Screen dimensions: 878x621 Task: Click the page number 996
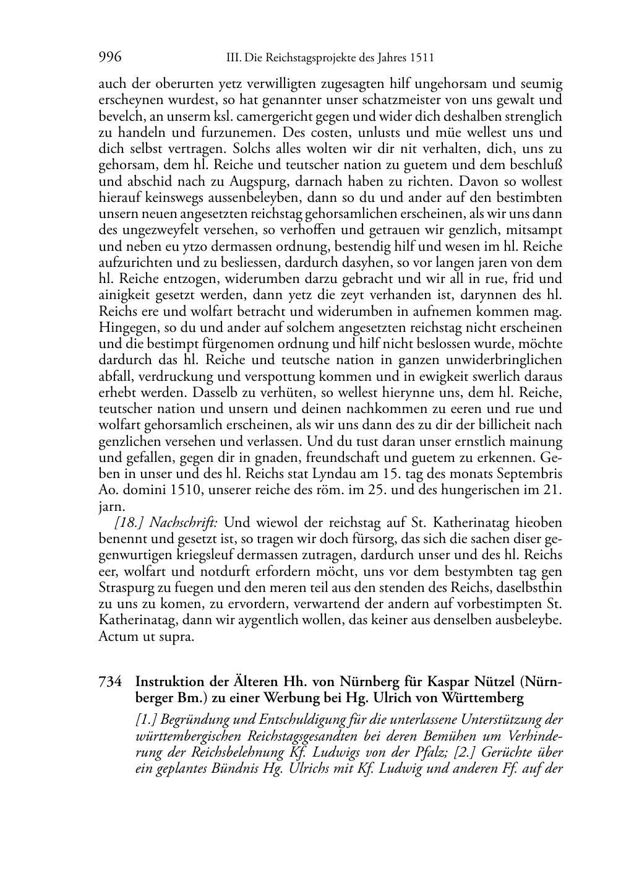(x=110, y=58)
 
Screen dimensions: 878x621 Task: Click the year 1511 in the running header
(x=421, y=59)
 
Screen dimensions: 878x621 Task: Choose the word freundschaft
(x=334, y=458)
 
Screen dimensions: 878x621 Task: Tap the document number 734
(x=109, y=682)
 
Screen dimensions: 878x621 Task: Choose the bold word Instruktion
(x=169, y=682)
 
